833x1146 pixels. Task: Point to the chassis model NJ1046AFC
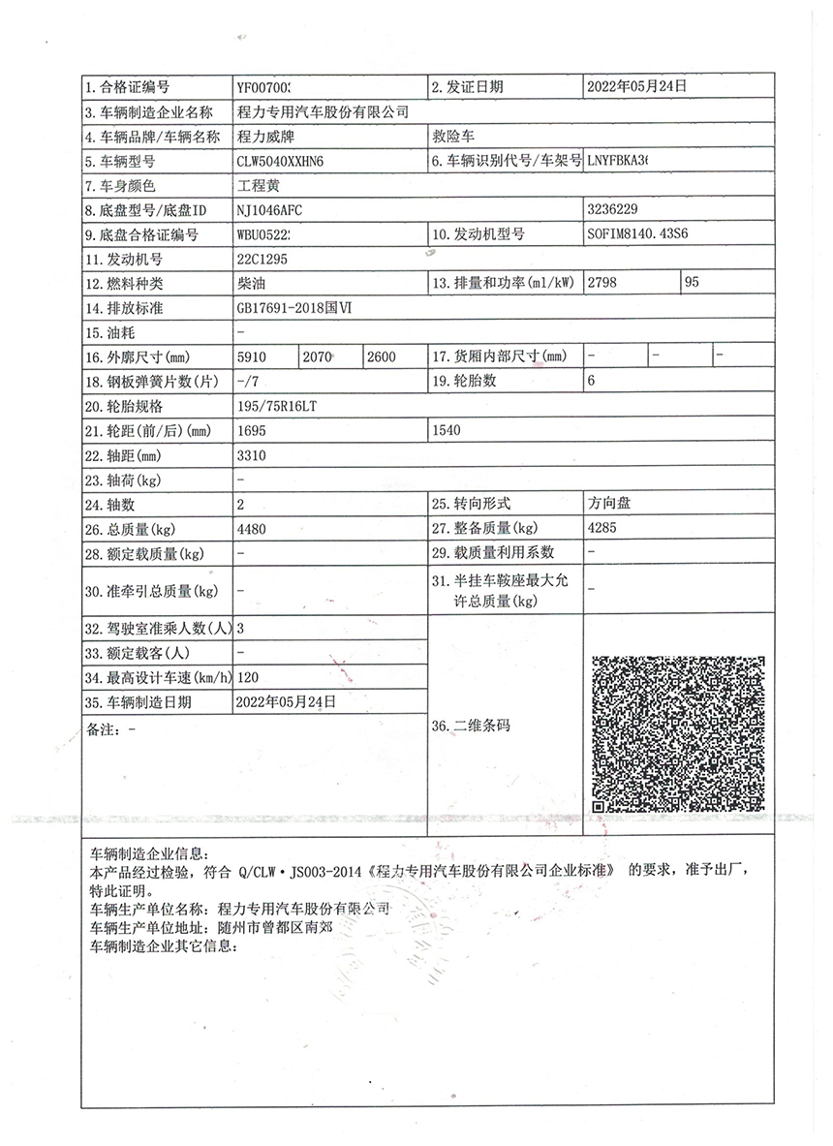275,209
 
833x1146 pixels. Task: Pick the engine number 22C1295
262,259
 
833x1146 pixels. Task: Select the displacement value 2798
603,283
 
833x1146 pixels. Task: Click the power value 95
692,283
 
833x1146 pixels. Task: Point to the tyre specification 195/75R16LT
277,406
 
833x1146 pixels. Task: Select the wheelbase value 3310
252,455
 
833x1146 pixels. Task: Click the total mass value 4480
252,530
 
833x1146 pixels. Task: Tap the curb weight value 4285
602,529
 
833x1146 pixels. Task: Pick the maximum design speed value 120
249,677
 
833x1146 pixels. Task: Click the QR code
678,733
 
